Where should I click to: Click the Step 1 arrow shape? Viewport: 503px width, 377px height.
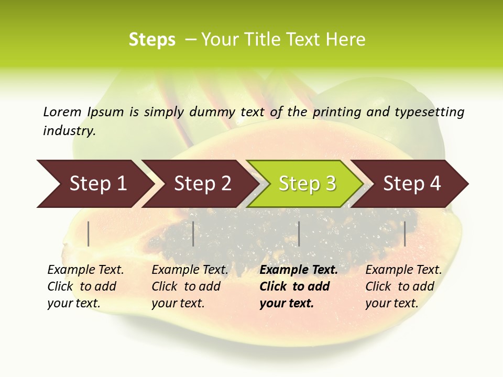point(98,184)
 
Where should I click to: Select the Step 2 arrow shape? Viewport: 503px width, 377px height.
point(202,184)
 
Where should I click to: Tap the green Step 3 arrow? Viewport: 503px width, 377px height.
point(307,184)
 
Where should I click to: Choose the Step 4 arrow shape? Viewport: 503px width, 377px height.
point(412,184)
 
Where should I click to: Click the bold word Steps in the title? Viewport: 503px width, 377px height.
point(152,40)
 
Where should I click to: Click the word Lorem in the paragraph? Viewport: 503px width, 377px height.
point(62,112)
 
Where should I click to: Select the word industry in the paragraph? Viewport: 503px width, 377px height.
point(69,131)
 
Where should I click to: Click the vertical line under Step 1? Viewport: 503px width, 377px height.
point(89,234)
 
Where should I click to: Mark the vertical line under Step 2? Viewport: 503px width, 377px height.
point(193,234)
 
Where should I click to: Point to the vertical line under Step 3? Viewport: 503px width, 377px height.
point(299,234)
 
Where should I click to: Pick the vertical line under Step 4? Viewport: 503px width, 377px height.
point(405,234)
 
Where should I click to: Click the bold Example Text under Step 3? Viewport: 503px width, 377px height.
point(299,270)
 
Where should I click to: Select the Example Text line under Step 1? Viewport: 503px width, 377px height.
point(85,270)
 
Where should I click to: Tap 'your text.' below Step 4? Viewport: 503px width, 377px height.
point(391,303)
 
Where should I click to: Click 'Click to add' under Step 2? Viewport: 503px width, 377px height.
point(186,287)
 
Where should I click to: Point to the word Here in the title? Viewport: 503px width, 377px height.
point(345,40)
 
